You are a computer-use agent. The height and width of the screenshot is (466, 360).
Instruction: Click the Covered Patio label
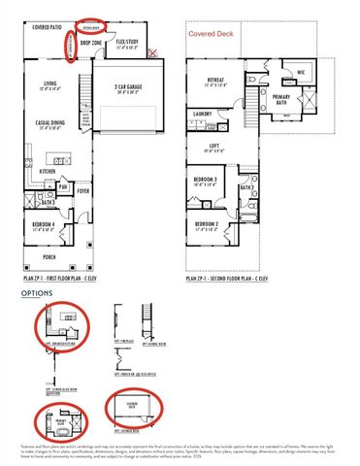[x=49, y=28]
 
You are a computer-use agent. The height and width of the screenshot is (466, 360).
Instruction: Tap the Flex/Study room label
[x=129, y=42]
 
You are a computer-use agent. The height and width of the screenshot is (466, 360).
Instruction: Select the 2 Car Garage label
[x=129, y=85]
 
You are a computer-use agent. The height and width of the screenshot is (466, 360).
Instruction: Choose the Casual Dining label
[x=51, y=123]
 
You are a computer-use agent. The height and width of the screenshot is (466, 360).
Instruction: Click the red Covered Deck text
[x=209, y=33]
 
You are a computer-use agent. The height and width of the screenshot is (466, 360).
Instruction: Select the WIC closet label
[x=302, y=71]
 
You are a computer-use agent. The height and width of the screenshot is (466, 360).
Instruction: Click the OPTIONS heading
[x=37, y=291]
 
